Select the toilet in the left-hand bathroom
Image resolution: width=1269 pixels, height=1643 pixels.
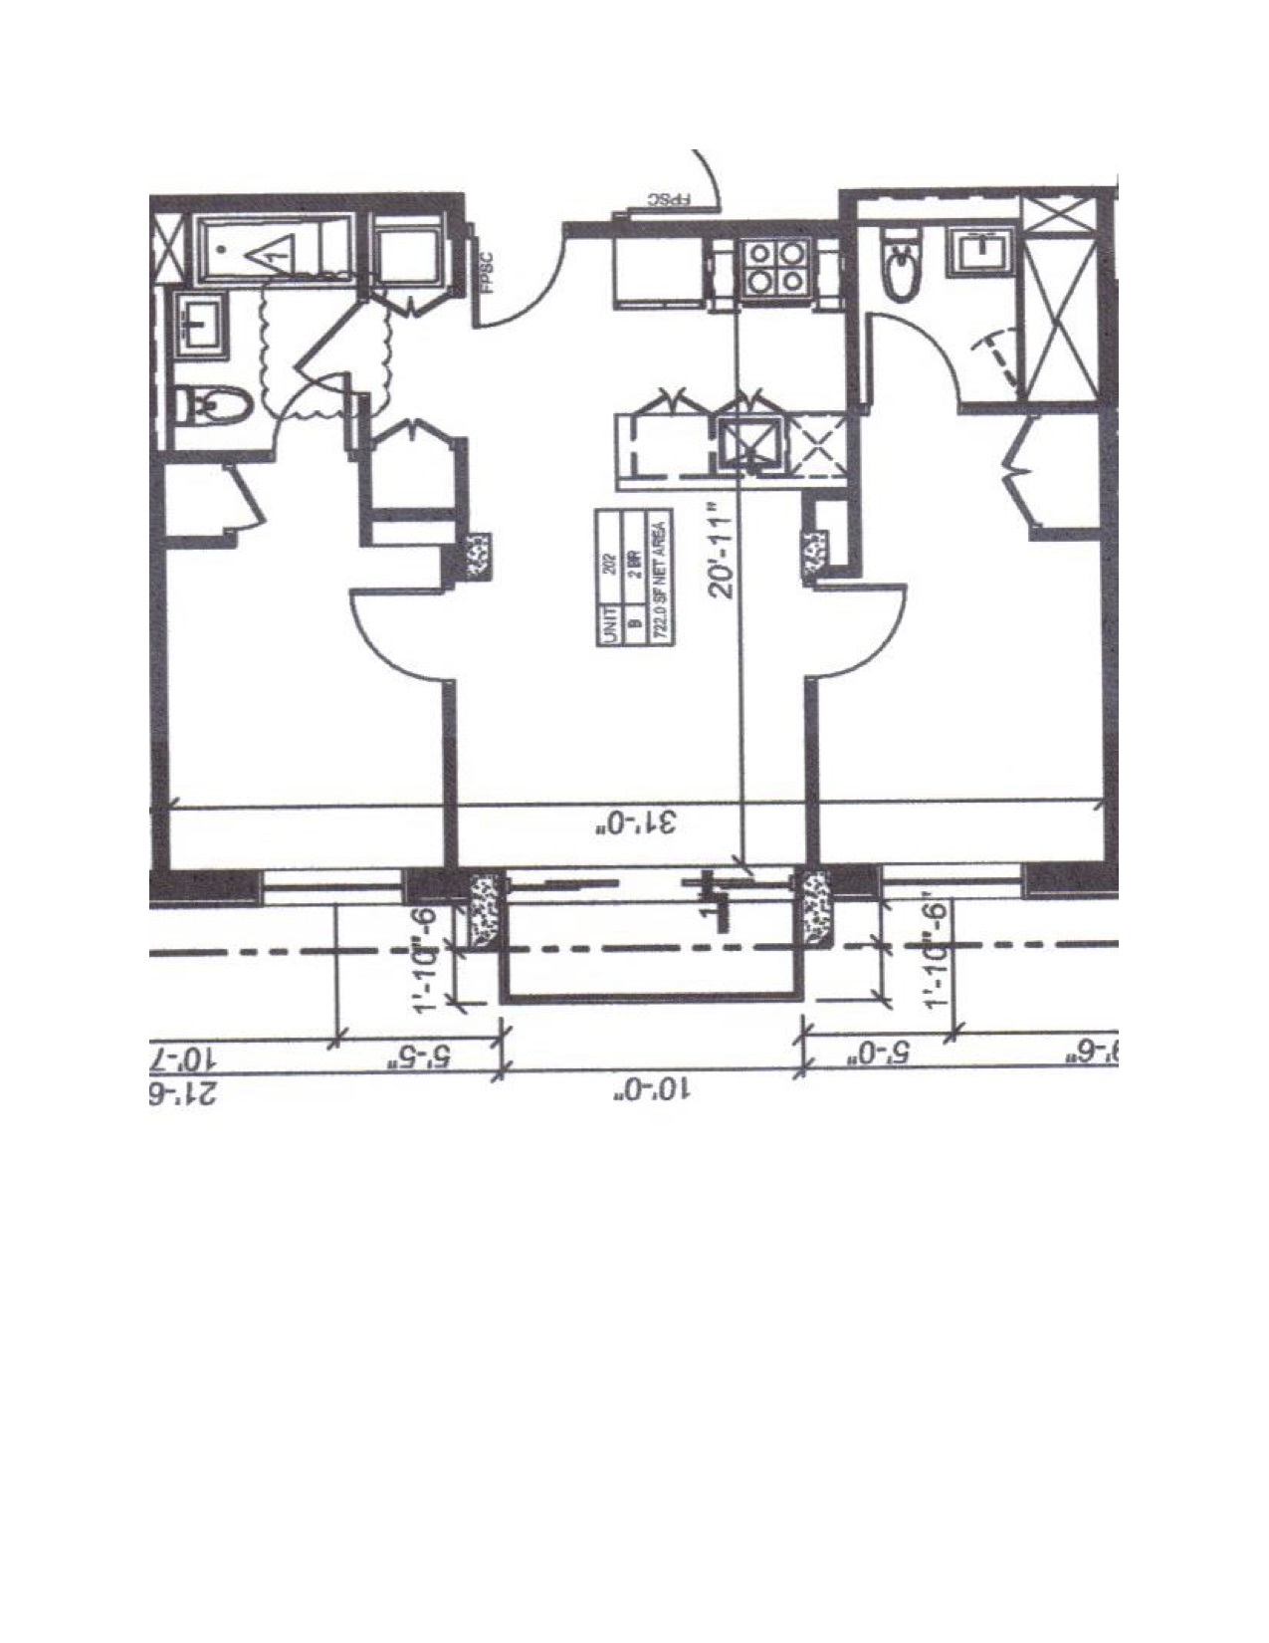tap(204, 405)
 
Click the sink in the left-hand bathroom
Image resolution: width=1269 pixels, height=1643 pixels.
tap(201, 324)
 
